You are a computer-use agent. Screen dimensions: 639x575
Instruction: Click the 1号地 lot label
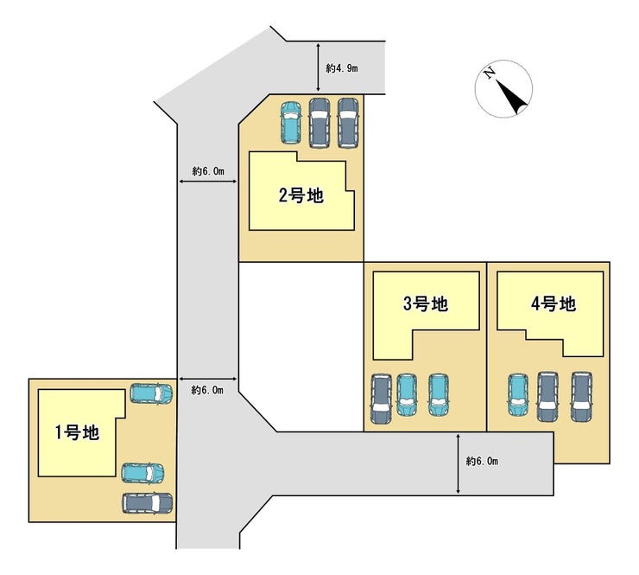click(x=77, y=432)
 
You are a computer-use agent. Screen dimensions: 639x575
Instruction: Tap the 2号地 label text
click(x=301, y=195)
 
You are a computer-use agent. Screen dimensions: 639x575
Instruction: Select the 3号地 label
click(x=426, y=303)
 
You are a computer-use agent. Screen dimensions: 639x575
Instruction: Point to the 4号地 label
click(x=554, y=303)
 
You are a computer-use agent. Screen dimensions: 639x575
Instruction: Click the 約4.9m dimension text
click(x=342, y=68)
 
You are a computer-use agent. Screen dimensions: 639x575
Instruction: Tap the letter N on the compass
click(x=489, y=73)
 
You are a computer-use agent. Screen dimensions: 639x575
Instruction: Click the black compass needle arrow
click(x=511, y=97)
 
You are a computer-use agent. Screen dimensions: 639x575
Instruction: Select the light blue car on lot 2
click(x=290, y=123)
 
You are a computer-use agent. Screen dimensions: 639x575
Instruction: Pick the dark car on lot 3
click(x=381, y=399)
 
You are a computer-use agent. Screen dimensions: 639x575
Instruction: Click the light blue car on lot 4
click(x=518, y=394)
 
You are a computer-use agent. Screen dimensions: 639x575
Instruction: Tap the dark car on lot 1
click(x=147, y=503)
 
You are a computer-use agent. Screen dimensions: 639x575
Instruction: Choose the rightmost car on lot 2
click(x=348, y=123)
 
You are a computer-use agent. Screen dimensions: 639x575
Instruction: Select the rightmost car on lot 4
click(x=581, y=397)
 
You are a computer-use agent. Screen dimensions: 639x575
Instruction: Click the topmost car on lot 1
click(x=151, y=393)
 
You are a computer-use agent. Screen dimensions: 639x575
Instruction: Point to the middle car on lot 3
click(x=407, y=394)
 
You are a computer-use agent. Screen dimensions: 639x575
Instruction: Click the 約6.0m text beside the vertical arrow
click(x=482, y=461)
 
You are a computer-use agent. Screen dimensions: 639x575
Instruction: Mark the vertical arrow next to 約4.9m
click(x=318, y=67)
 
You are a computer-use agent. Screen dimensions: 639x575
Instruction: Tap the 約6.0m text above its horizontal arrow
click(x=208, y=171)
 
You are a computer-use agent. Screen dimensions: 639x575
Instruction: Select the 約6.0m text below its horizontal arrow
click(x=207, y=390)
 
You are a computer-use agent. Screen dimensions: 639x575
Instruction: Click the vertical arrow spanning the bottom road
click(x=458, y=463)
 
